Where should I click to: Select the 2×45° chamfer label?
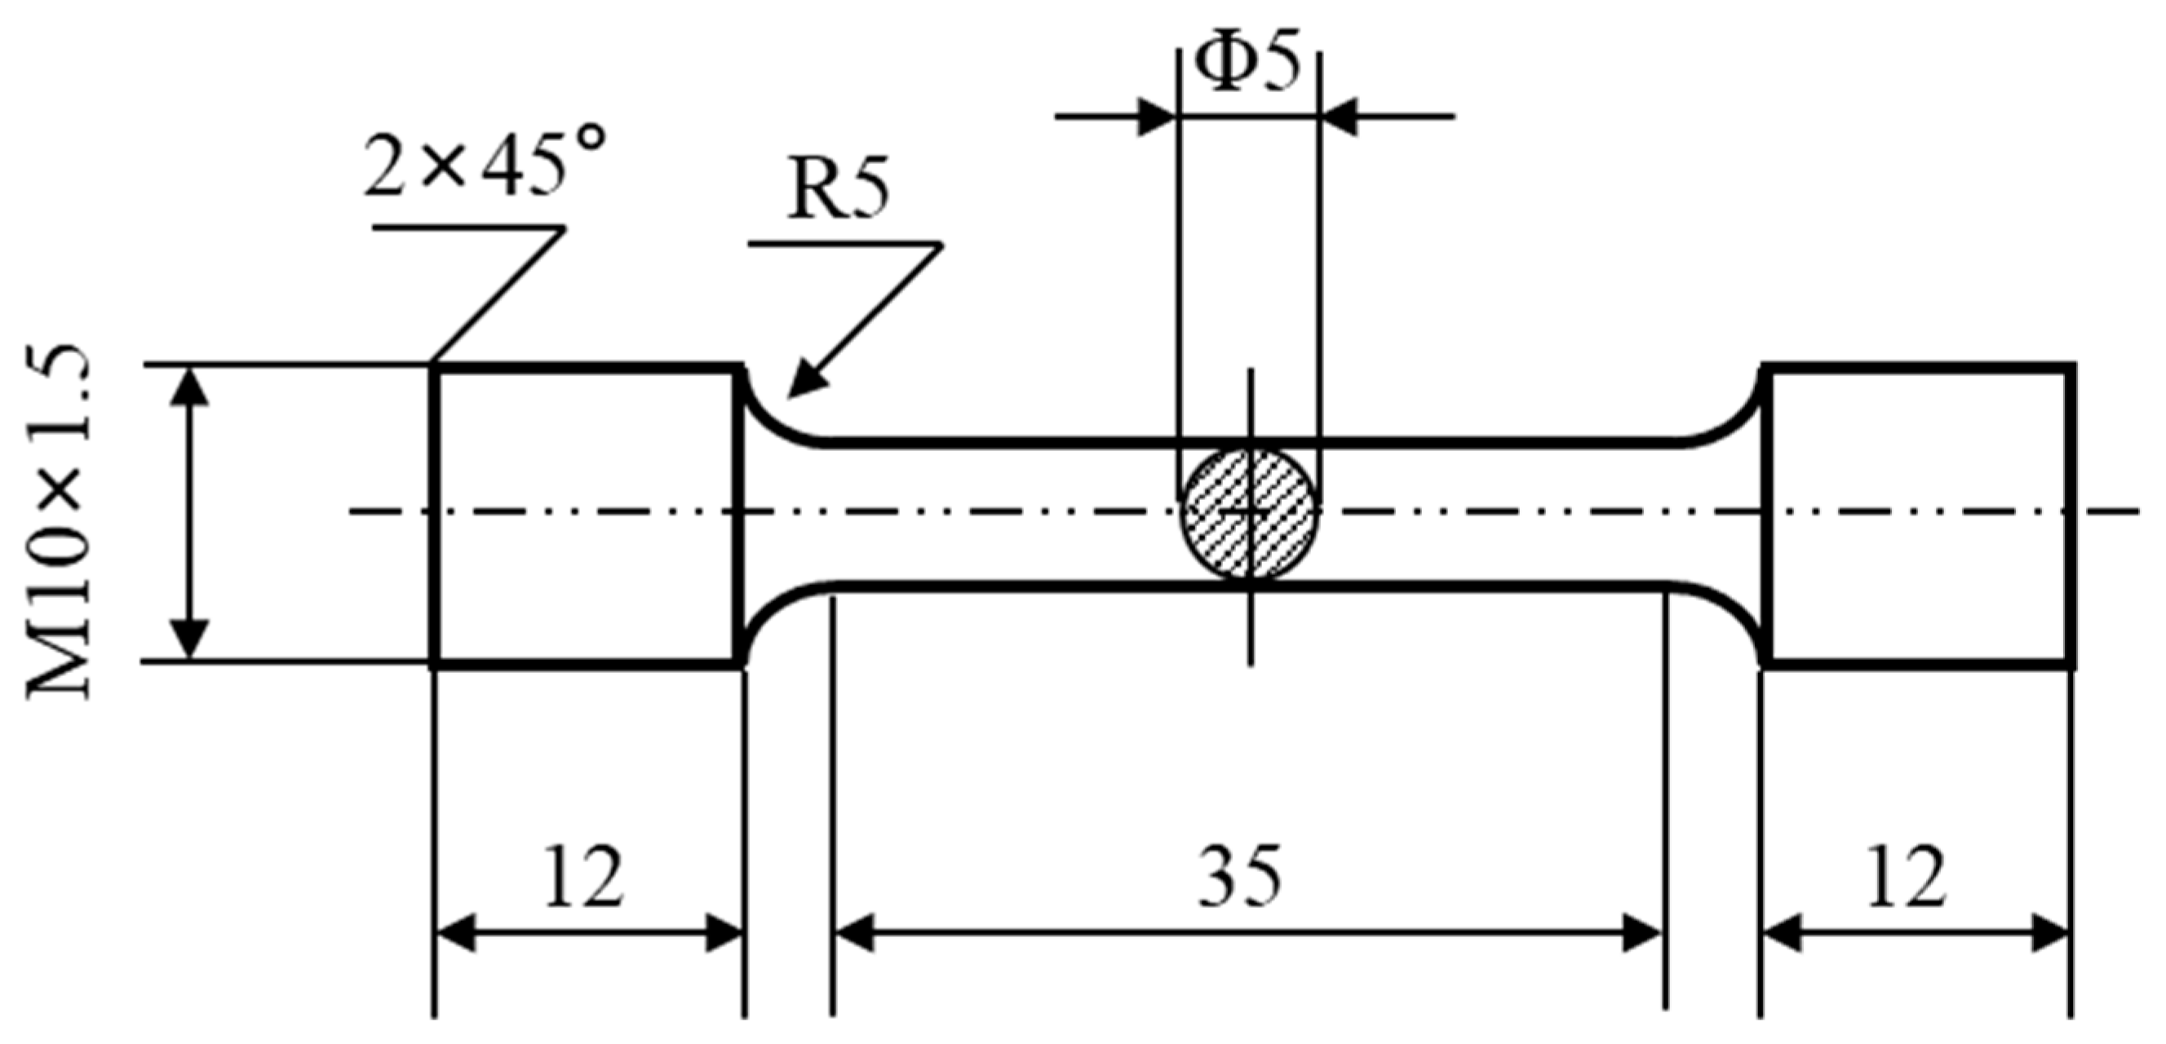tap(485, 161)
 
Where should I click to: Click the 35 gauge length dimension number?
tap(1240, 878)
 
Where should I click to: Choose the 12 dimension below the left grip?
tap(583, 878)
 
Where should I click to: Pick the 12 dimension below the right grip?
tap(1907, 878)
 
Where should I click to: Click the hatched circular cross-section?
tap(1249, 512)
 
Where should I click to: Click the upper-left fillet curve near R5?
tap(773, 420)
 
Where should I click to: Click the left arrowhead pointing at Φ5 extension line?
tap(1156, 116)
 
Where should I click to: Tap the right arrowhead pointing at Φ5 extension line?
tap(1340, 116)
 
